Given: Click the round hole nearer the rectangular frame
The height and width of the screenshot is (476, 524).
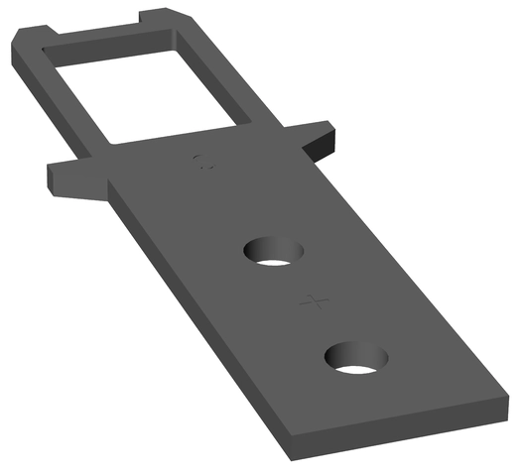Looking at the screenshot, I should click(x=274, y=251).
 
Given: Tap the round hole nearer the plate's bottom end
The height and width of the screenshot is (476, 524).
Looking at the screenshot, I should click(x=355, y=358).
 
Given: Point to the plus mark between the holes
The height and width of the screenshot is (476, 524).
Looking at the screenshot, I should click(x=315, y=300).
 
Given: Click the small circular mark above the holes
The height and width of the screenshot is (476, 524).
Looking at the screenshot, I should click(x=203, y=162).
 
